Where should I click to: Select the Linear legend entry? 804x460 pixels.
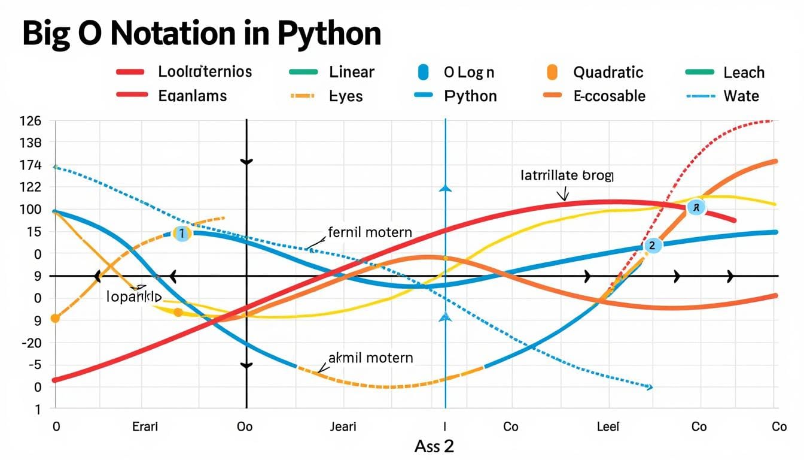(351, 72)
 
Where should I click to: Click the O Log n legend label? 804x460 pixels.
(469, 72)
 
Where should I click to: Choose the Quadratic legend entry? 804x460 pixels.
(608, 72)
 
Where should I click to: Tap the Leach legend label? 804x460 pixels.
(744, 72)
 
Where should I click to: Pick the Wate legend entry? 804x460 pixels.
(741, 96)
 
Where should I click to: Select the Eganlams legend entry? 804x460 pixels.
(192, 96)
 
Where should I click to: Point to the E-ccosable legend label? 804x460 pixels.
(609, 96)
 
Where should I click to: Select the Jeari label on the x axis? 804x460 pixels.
(343, 426)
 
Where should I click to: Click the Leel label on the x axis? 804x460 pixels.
(608, 426)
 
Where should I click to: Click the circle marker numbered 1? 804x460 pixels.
(182, 234)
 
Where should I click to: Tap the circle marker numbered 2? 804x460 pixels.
(652, 245)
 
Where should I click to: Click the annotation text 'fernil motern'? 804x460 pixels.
(370, 232)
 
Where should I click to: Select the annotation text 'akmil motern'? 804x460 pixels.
(370, 358)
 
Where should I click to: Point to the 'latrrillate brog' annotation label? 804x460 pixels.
(567, 175)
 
